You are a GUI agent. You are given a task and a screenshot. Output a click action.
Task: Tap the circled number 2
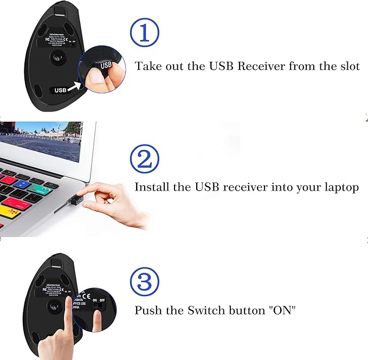pos(145,158)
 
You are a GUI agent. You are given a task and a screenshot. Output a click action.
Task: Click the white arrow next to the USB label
pos(75,86)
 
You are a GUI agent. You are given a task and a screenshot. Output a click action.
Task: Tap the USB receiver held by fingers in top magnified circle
pos(105,67)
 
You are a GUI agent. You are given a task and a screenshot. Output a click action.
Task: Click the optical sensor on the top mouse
pos(56,56)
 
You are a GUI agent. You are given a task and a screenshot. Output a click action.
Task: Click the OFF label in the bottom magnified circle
pos(102,299)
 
